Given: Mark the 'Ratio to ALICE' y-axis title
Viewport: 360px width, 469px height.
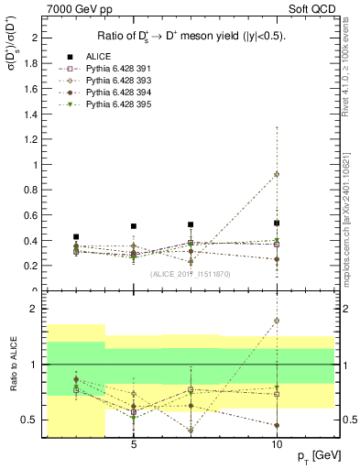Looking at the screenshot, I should click(11, 365).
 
